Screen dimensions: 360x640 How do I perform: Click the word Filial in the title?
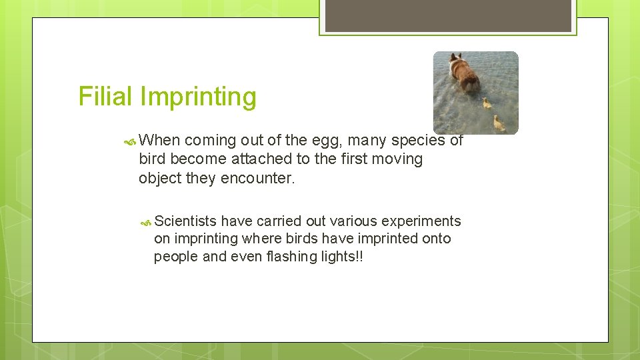[x=106, y=97]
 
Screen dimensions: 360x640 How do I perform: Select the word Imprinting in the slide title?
[x=198, y=97]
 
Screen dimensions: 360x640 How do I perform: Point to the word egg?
[x=326, y=141]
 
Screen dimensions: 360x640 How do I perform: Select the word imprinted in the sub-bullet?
[x=387, y=239]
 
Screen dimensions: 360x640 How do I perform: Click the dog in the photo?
[x=463, y=73]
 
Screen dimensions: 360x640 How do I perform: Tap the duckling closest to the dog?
[x=487, y=103]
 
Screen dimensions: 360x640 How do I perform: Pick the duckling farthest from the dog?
[x=498, y=123]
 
